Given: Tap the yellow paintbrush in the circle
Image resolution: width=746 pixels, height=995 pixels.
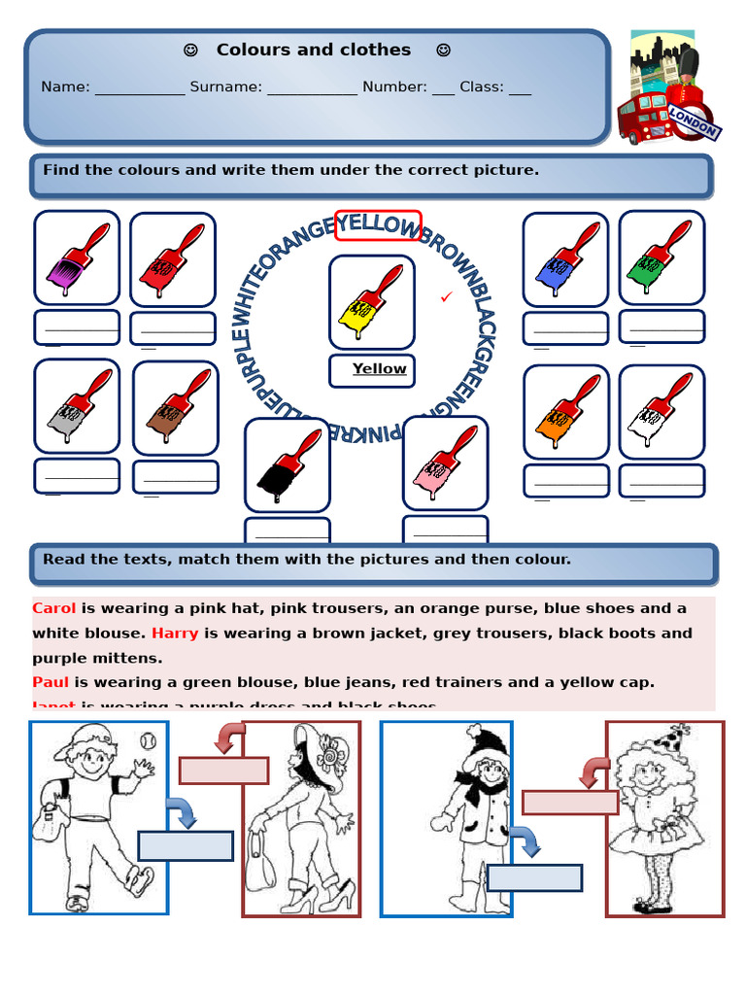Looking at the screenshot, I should [x=371, y=301].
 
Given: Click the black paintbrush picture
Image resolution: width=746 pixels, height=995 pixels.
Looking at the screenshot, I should [x=287, y=464].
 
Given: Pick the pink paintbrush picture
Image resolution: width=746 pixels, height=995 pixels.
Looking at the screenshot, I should [x=445, y=463].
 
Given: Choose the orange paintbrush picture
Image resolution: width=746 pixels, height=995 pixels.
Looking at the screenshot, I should [x=566, y=411].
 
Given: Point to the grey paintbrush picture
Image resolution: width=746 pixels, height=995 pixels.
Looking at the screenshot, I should [x=77, y=406].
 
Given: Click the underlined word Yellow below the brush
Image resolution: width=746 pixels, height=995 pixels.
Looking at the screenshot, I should [x=379, y=369].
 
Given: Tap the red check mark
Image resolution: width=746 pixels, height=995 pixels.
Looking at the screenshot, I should [x=447, y=296].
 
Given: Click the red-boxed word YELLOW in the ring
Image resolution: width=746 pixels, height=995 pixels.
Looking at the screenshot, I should [x=378, y=224].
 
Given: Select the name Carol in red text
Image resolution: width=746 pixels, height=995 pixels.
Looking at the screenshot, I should [x=53, y=608].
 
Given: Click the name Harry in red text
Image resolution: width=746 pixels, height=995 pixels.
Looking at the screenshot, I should [x=175, y=634].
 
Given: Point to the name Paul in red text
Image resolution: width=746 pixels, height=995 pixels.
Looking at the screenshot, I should [x=51, y=682].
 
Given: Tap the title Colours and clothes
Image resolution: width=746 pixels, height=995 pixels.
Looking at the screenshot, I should [x=313, y=50].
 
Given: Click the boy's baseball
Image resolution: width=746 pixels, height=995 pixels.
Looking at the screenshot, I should [x=148, y=740].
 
